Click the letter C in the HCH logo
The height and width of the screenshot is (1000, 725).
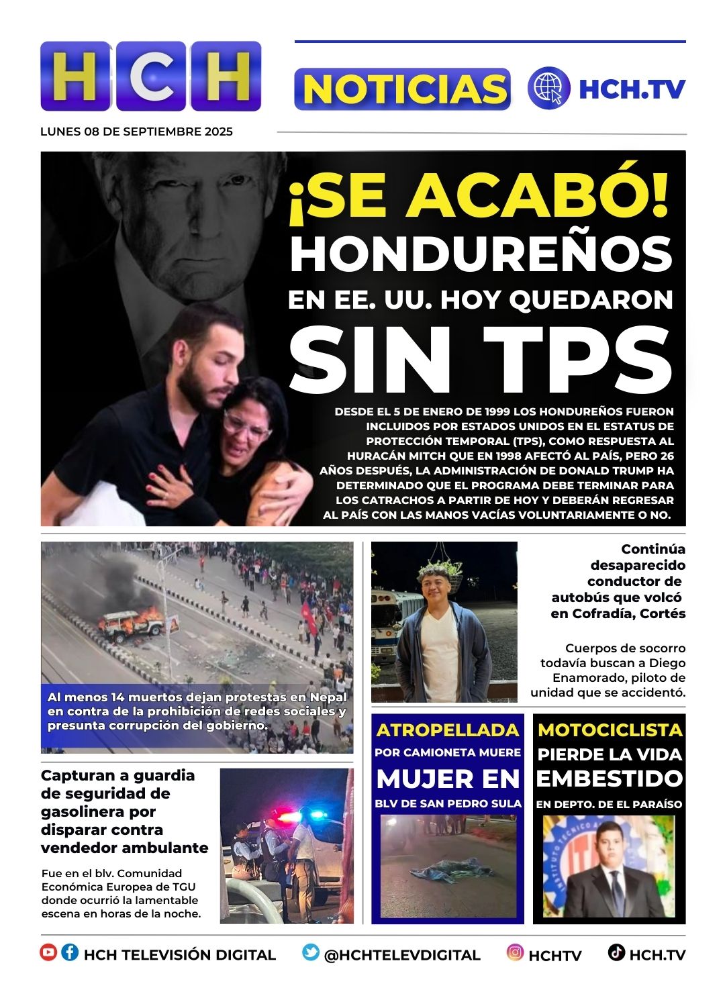tap(151, 77)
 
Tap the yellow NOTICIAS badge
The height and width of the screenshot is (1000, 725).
tap(402, 89)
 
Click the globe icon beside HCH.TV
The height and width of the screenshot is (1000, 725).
tap(548, 89)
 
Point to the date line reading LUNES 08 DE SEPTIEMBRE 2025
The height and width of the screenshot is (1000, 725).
tap(136, 132)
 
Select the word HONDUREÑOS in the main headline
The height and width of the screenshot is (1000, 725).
tap(481, 254)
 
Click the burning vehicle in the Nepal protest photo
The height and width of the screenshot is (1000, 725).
tap(131, 623)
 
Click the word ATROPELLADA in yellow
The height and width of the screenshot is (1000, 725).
tap(448, 730)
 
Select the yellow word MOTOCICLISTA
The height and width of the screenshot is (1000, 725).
tap(610, 730)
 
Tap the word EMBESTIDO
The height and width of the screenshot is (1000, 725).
tap(610, 779)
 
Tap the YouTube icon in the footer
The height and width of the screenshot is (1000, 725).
tap(48, 952)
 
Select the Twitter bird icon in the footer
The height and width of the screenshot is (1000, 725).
tap(310, 952)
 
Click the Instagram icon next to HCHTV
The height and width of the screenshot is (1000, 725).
tap(515, 952)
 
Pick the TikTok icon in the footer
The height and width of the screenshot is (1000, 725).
tap(616, 952)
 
